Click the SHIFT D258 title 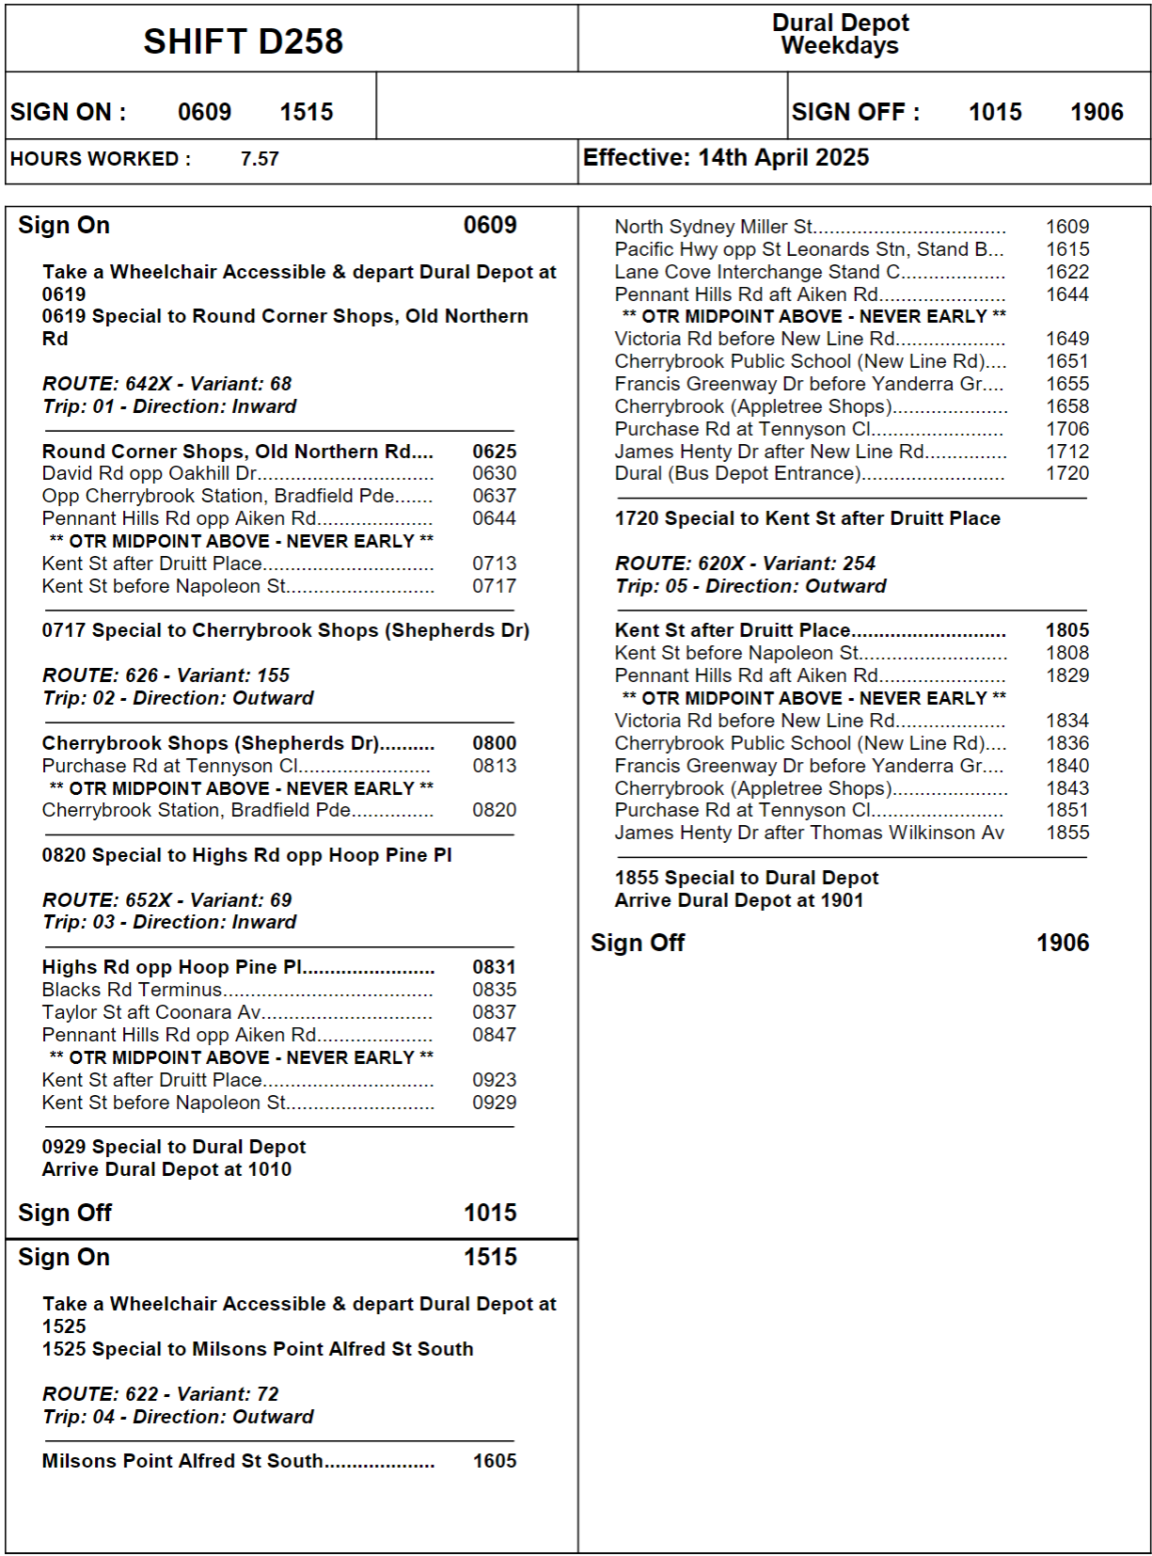pos(243,41)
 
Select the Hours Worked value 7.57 pos(260,159)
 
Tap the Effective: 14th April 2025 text pos(725,158)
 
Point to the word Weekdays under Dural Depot pos(839,46)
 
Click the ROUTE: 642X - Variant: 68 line pos(166,384)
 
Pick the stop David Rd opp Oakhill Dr pos(150,473)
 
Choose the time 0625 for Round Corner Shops pos(494,452)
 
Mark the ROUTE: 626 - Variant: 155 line pos(166,675)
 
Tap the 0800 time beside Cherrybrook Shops pos(494,743)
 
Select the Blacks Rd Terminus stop pos(132,990)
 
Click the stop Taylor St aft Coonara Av pos(151,1012)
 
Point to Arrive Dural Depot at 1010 pos(166,1169)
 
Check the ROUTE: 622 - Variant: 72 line pos(160,1394)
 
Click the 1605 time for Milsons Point pos(495,1461)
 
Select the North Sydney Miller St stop pos(714,227)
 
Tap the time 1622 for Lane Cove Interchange pos(1067,272)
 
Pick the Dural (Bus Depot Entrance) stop pos(737,473)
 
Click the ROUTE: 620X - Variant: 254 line pos(745,564)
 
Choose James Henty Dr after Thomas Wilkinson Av pos(809,833)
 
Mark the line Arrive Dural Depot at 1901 pos(738,900)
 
